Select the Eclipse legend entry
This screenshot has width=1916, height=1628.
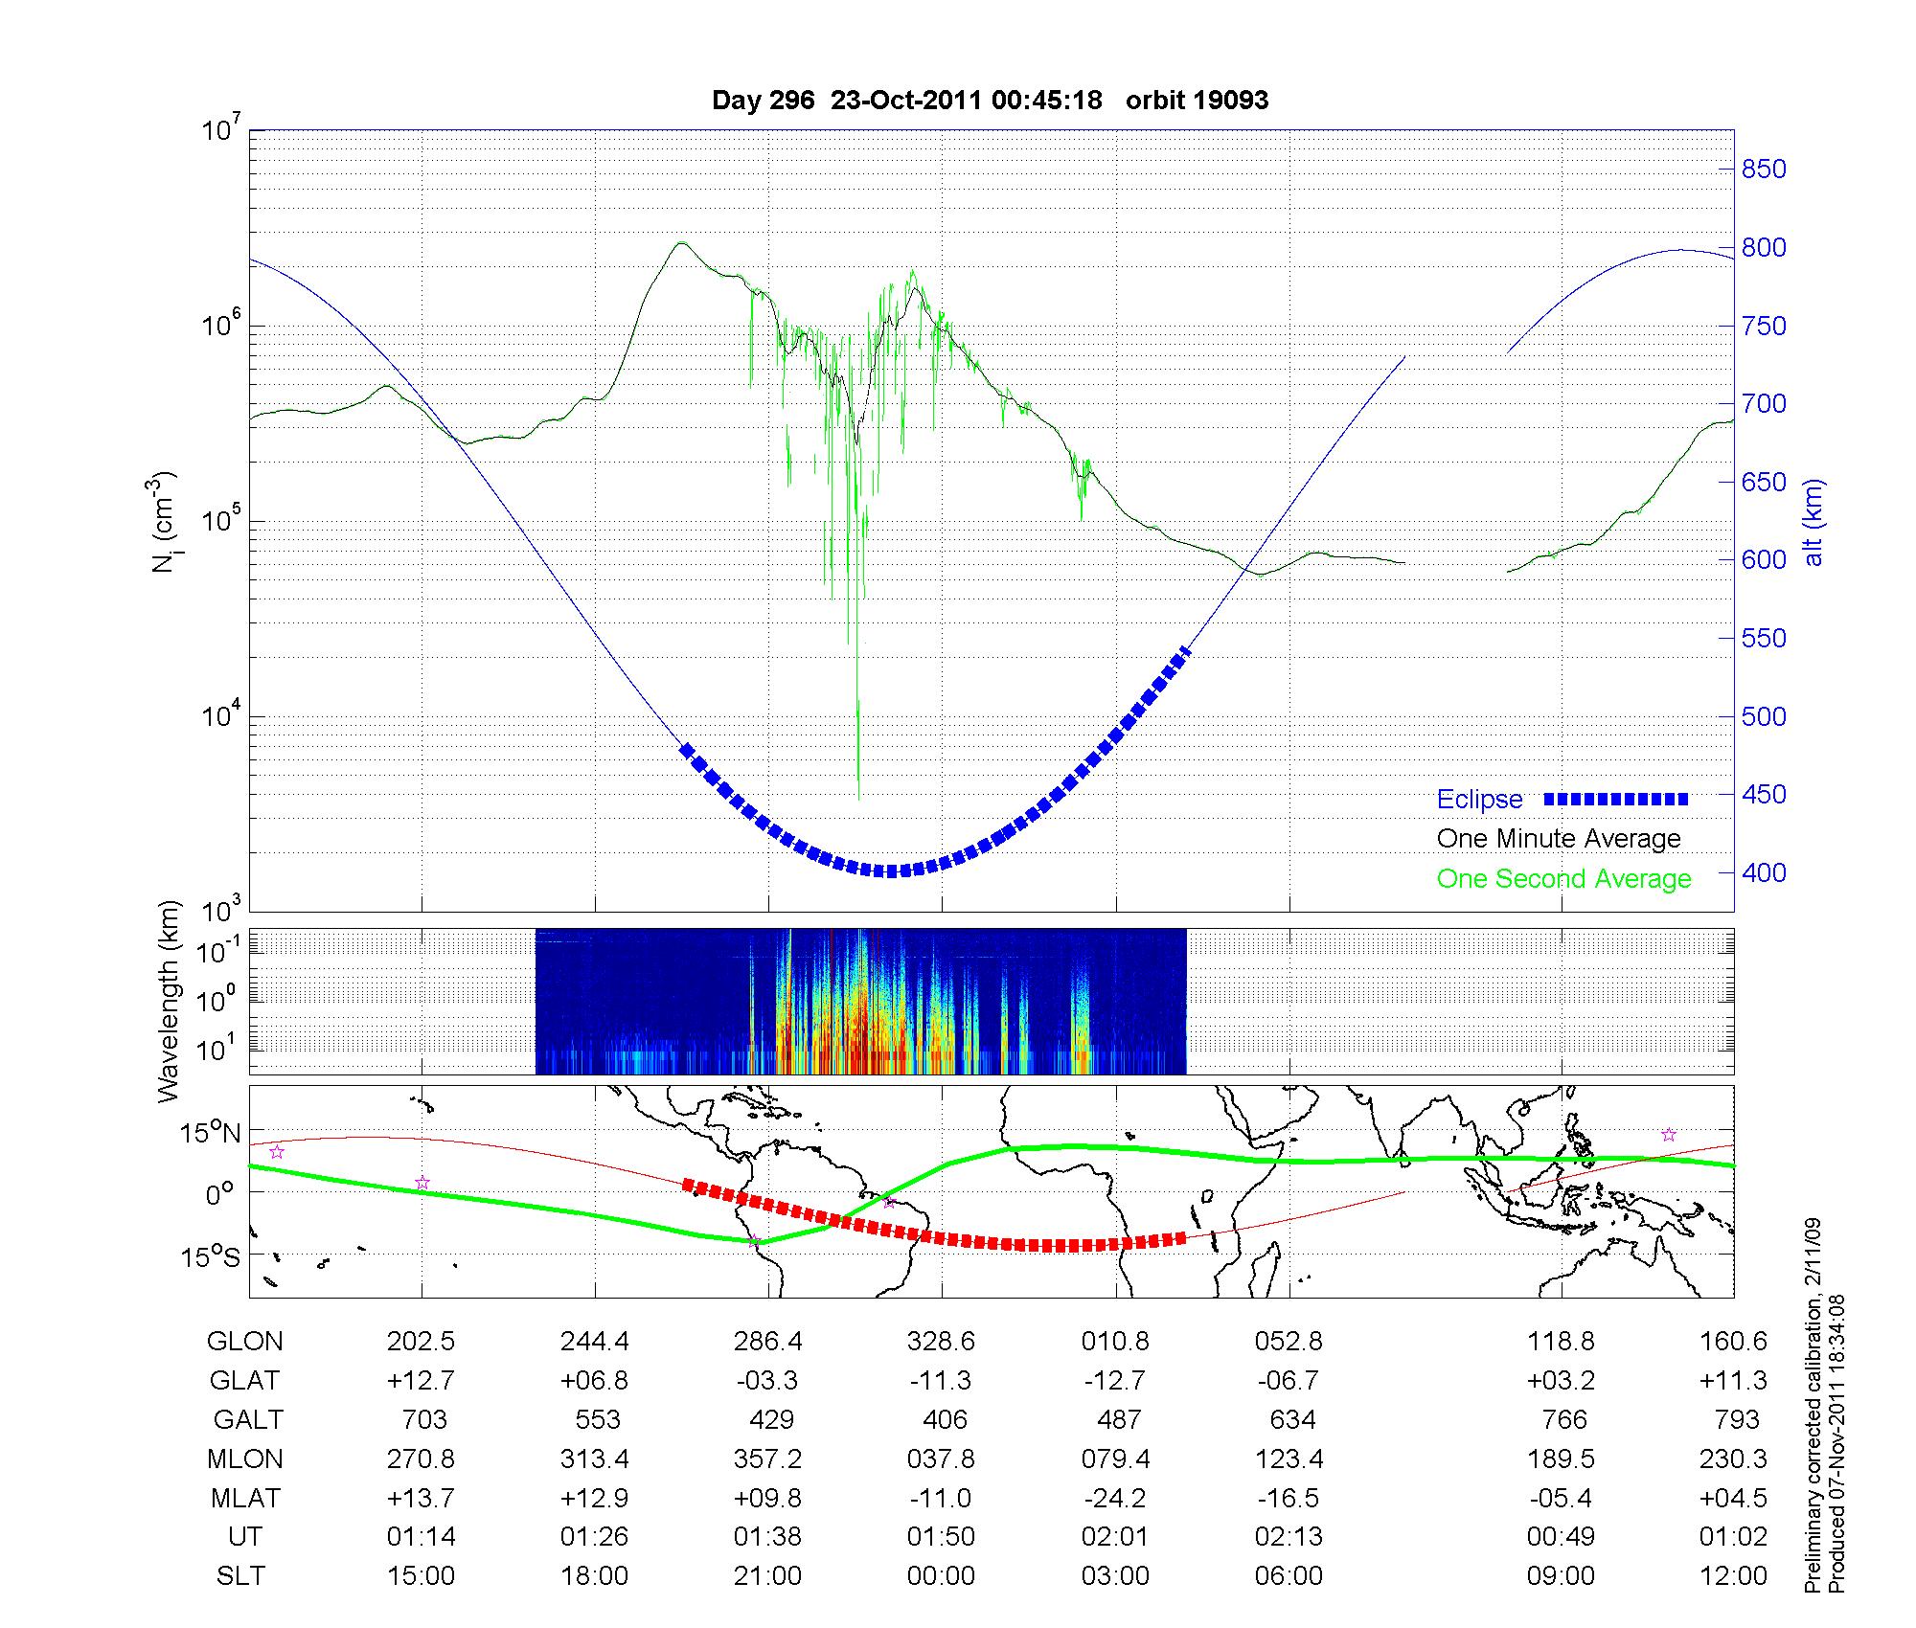(1479, 800)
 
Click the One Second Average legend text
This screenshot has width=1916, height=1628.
(1563, 879)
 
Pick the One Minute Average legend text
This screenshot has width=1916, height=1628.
(1559, 839)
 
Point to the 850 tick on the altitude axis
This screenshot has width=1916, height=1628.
(1764, 170)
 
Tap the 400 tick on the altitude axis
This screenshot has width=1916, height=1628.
(1764, 872)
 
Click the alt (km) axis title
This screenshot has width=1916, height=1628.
(1813, 522)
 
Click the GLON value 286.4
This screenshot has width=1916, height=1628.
(768, 1342)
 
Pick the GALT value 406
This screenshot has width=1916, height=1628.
(943, 1419)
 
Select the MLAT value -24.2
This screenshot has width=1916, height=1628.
(1116, 1498)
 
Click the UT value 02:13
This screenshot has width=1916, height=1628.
(1289, 1537)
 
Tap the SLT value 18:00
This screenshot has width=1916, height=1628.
(595, 1576)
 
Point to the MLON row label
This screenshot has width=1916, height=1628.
(245, 1458)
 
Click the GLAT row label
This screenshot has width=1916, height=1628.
(245, 1381)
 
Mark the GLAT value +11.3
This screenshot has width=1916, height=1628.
(1734, 1381)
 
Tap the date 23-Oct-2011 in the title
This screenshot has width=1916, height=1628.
(905, 101)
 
